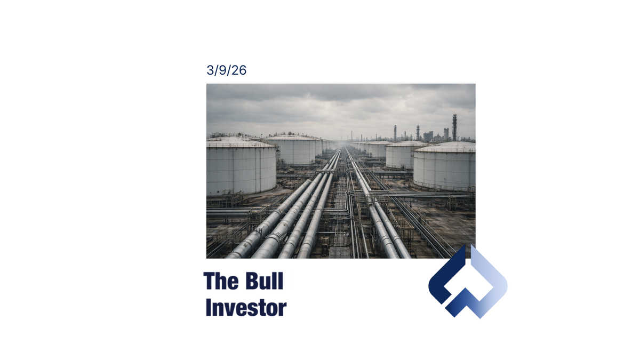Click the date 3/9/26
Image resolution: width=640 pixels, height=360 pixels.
(x=226, y=70)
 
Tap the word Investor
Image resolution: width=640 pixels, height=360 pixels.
(x=245, y=308)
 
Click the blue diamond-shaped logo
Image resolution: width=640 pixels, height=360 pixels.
(x=468, y=282)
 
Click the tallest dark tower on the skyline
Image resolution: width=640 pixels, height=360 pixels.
(x=454, y=127)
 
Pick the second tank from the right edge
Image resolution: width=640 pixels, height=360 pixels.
(x=400, y=155)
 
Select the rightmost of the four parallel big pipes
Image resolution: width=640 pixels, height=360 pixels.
(x=316, y=224)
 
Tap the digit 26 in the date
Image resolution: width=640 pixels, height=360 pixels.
(x=239, y=70)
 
